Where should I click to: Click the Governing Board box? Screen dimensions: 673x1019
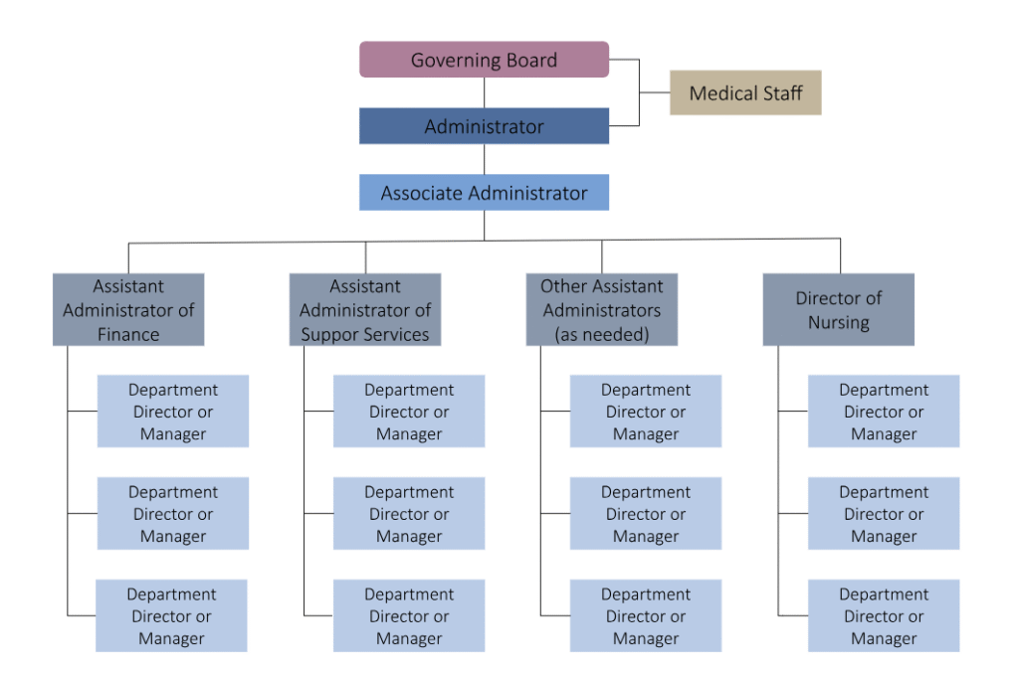pyautogui.click(x=484, y=60)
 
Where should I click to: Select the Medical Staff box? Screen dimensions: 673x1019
pyautogui.click(x=745, y=92)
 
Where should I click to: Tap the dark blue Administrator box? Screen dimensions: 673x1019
pyautogui.click(x=484, y=126)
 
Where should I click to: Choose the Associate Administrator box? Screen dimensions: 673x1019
pyautogui.click(x=484, y=193)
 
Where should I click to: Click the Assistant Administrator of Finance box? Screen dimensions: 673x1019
pyautogui.click(x=128, y=309)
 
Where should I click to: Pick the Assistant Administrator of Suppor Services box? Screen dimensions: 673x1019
pyautogui.click(x=365, y=309)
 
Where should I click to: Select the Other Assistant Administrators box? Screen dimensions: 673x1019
pyautogui.click(x=601, y=309)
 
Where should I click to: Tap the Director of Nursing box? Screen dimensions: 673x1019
pyautogui.click(x=838, y=309)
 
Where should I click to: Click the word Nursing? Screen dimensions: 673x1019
pyautogui.click(x=838, y=322)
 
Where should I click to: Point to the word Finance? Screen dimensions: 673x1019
pyautogui.click(x=128, y=334)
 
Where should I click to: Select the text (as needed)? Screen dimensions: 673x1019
pyautogui.click(x=601, y=334)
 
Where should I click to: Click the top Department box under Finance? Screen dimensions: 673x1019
pyautogui.click(x=173, y=412)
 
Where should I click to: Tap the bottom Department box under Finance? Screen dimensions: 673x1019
pyautogui.click(x=171, y=616)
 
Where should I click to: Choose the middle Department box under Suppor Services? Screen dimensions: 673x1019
pyautogui.click(x=409, y=514)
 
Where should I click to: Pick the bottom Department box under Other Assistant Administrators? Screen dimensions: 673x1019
pyautogui.click(x=646, y=616)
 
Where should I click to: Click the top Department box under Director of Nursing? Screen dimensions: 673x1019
pyautogui.click(x=884, y=412)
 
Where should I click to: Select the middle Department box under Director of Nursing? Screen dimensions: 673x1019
pyautogui.click(x=884, y=514)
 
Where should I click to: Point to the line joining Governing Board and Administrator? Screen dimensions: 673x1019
pyautogui.click(x=485, y=92)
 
